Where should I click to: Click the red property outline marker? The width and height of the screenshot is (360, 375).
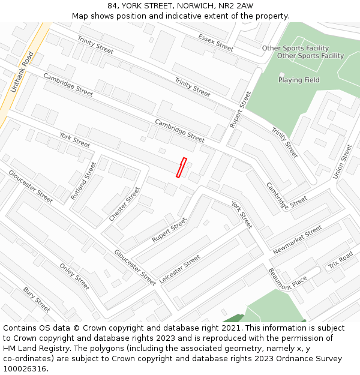pos(181,167)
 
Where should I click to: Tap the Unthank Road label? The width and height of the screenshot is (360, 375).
pos(21,71)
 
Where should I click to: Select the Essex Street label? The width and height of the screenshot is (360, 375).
pos(215,42)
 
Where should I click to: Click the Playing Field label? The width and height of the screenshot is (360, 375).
pos(299,80)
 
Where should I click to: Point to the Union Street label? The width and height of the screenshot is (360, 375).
pos(343,161)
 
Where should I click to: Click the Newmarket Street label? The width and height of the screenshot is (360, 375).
pos(298,240)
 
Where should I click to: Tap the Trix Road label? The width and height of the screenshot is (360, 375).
pos(340,260)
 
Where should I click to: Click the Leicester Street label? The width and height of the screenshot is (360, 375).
pos(180,269)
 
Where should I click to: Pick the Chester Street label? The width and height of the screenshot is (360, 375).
pos(124,203)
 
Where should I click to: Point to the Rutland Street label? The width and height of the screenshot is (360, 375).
pos(83,181)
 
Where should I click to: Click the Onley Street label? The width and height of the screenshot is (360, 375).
pos(74,276)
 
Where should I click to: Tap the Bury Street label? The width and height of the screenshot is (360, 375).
pos(37,299)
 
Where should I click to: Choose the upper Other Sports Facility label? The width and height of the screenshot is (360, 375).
pos(295,48)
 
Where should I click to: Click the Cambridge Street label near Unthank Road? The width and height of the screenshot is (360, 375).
pos(68,85)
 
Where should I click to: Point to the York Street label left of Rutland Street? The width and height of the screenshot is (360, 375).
pos(74,140)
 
